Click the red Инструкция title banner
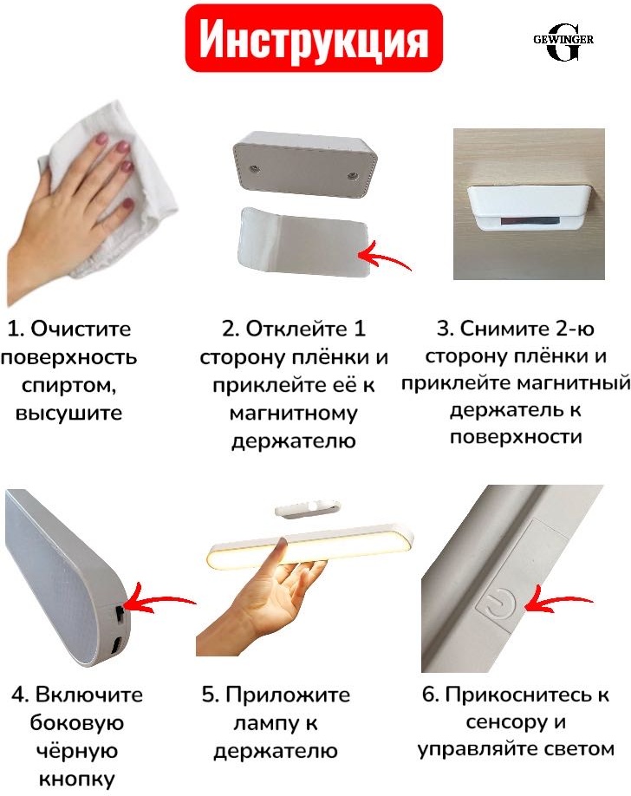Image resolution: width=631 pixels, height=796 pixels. [314, 38]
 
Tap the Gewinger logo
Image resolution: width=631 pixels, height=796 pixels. [563, 42]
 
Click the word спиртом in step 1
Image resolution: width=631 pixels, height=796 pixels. [69, 385]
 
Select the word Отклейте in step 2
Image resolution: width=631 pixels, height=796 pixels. [294, 329]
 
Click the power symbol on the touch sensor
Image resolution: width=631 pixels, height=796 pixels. [502, 605]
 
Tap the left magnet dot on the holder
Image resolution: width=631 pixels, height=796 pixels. [254, 167]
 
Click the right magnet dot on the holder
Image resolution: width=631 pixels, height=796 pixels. [351, 176]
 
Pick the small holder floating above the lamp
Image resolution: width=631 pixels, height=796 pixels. [307, 509]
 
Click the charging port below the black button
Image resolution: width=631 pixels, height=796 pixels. [116, 646]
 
